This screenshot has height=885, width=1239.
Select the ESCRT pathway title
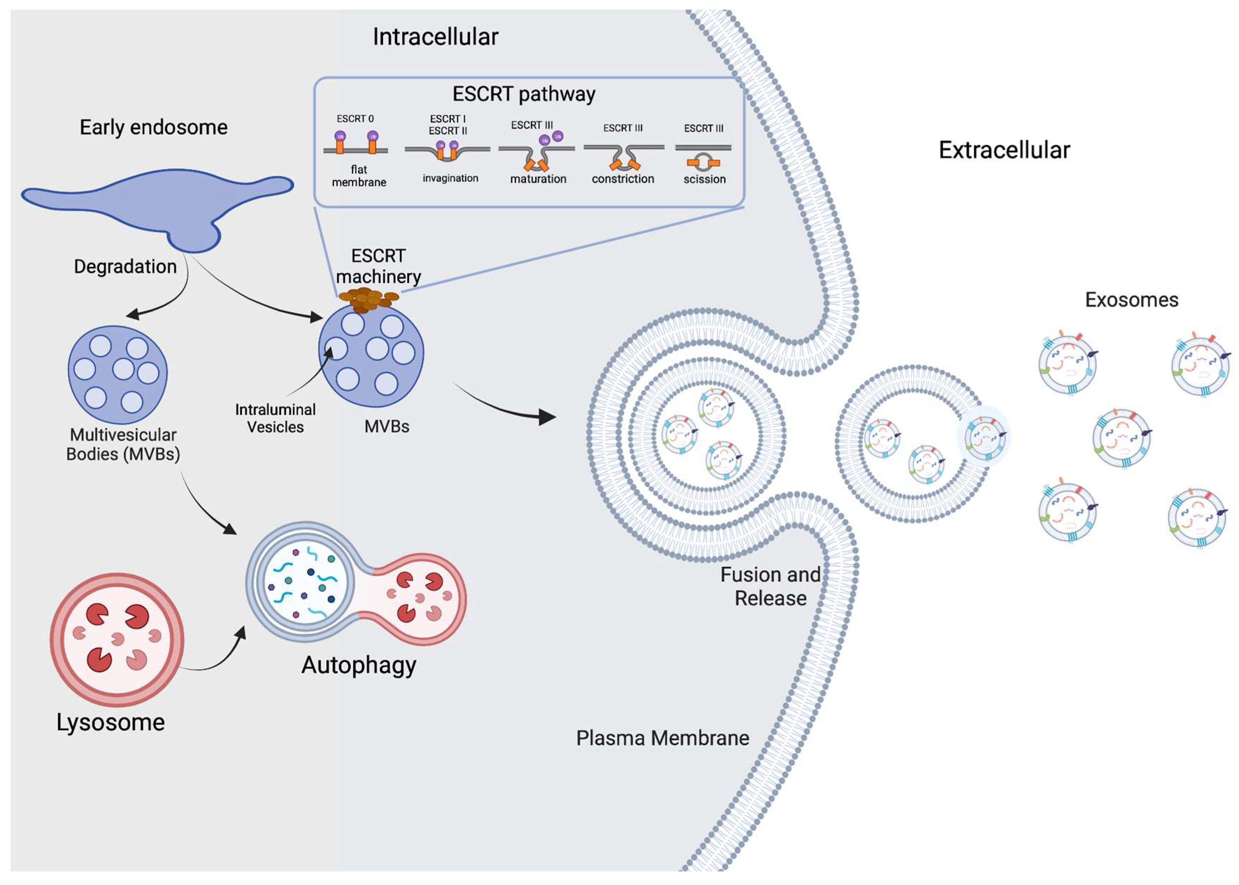(x=523, y=94)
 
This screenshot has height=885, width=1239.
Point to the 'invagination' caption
(x=450, y=178)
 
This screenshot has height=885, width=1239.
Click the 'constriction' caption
(x=623, y=179)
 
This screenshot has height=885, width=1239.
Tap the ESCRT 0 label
(x=355, y=119)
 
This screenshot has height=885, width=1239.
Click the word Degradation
(x=125, y=266)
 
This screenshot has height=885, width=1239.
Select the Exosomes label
(x=1131, y=300)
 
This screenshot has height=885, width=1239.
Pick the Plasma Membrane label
(x=662, y=738)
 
